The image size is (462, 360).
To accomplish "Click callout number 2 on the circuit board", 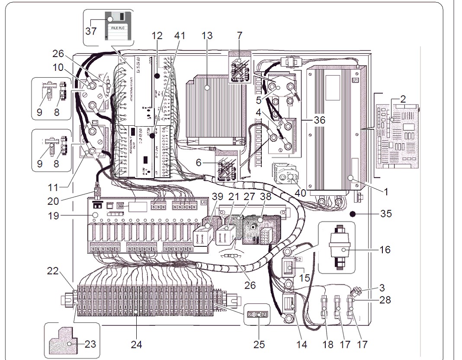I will click(402, 99).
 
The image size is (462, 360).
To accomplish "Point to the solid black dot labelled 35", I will click(353, 213).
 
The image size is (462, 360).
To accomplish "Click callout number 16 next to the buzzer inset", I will click(385, 249).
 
